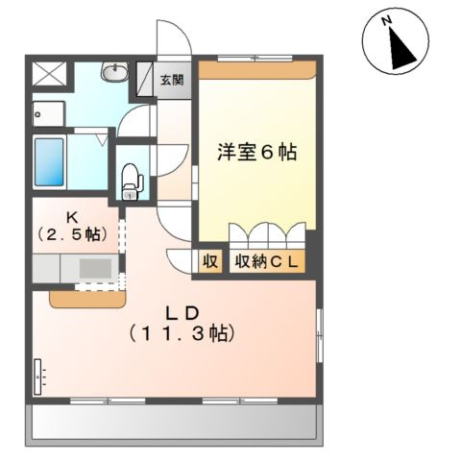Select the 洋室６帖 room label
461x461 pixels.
pyautogui.click(x=256, y=152)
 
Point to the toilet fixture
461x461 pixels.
pyautogui.click(x=132, y=181)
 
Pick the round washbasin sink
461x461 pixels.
pyautogui.click(x=115, y=72)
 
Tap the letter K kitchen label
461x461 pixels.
pyautogui.click(x=70, y=216)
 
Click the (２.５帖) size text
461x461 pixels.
pyautogui.click(x=71, y=233)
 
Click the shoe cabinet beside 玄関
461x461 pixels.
pyautogui.click(x=147, y=78)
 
